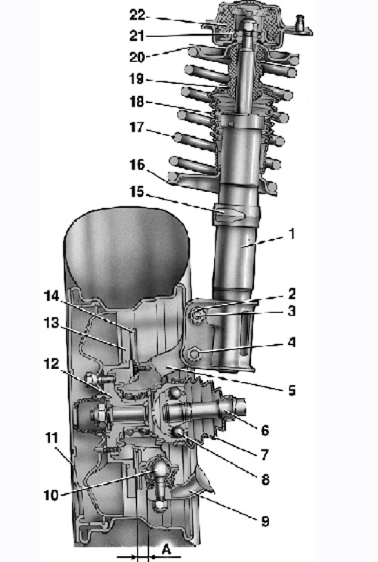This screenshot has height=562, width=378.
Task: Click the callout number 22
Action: click(x=137, y=15)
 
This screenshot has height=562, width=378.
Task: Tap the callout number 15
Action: click(x=137, y=192)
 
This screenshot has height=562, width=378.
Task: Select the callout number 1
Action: click(x=292, y=234)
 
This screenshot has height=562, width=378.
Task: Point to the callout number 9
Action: click(x=265, y=521)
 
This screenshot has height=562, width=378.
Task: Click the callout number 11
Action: click(x=52, y=438)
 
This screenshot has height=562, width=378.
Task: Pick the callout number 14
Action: click(x=51, y=296)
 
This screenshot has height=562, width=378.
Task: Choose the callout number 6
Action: click(x=265, y=430)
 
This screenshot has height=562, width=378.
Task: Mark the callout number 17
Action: click(x=137, y=127)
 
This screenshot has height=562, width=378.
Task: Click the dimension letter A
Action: click(x=166, y=549)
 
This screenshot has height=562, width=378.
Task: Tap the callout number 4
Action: click(x=292, y=343)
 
